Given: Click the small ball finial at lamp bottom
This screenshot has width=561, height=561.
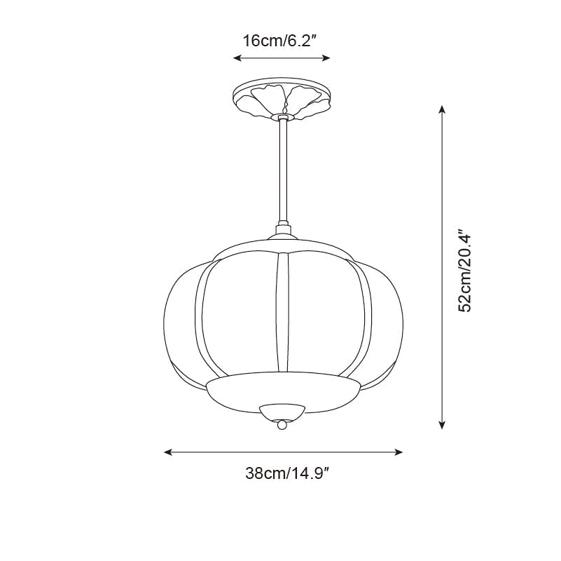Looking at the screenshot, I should click(282, 425).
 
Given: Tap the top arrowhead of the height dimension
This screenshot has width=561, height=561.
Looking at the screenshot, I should click(441, 109).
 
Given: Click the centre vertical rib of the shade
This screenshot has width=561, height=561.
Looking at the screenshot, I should click(282, 312).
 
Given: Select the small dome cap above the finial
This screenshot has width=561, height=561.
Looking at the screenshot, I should click(282, 411).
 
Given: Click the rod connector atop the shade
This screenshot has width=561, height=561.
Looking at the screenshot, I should click(283, 229).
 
